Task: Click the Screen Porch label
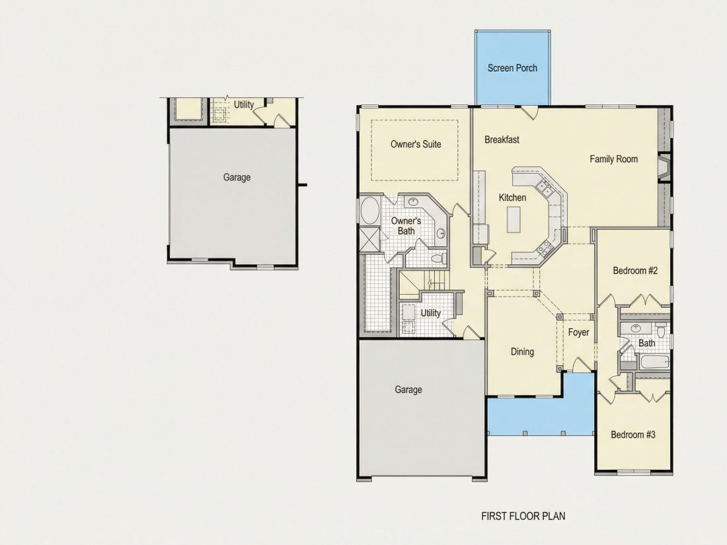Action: point(512,68)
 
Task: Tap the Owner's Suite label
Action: point(416,144)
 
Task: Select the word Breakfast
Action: point(502,139)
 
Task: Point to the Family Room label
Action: point(613,159)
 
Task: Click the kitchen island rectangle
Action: point(514,220)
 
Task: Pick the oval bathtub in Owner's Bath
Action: point(369,211)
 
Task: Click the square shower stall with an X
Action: point(369,239)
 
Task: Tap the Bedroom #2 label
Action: point(634,271)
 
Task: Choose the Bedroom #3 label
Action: point(633,435)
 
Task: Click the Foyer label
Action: point(578,332)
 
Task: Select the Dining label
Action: point(522,351)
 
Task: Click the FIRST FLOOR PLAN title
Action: point(523,517)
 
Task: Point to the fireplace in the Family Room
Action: point(664,167)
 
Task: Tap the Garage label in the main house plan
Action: point(408,390)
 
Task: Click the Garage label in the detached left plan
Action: point(237,178)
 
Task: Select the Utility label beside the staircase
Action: point(430,313)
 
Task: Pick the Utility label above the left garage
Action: point(243,105)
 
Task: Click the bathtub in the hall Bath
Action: point(654,362)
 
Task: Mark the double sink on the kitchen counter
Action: point(543,189)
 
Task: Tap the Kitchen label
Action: point(512,198)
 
